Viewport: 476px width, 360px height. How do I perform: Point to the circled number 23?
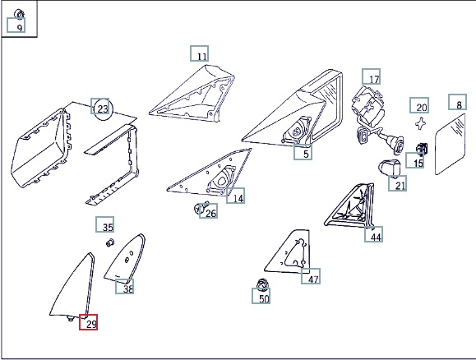pyautogui.click(x=103, y=109)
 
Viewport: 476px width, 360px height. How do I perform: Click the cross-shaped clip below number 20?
pyautogui.click(x=420, y=124)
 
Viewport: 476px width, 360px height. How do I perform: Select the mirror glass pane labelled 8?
pyautogui.click(x=450, y=144)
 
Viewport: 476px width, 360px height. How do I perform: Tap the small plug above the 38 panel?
pyautogui.click(x=110, y=242)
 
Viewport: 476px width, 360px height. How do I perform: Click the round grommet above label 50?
pyautogui.click(x=262, y=284)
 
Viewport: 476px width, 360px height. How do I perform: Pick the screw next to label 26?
pyautogui.click(x=201, y=207)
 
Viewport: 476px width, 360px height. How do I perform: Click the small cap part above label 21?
pyautogui.click(x=389, y=168)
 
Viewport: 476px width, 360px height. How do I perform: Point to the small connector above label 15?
pyautogui.click(x=422, y=148)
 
